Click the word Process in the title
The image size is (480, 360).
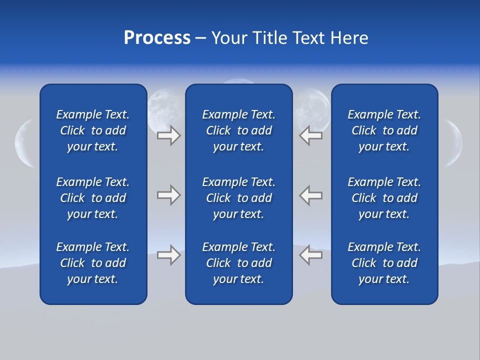point(157,38)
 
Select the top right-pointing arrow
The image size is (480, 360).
point(169,135)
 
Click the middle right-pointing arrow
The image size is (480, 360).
point(169,195)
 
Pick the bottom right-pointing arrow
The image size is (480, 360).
point(169,255)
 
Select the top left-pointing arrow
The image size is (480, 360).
point(310,135)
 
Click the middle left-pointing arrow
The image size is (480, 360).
point(310,195)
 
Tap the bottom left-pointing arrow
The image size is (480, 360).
point(310,255)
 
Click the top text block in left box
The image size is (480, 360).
point(93,130)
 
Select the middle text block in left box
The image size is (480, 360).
point(93,198)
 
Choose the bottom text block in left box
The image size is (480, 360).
point(93,263)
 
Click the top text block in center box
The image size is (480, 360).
point(238,130)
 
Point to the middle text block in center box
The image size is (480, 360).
point(238,198)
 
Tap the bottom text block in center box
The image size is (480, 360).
point(238,263)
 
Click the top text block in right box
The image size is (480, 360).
point(384,130)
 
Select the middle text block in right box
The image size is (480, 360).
point(384,198)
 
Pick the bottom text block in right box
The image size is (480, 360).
point(384,263)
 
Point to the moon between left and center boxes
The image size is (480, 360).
point(165,107)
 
